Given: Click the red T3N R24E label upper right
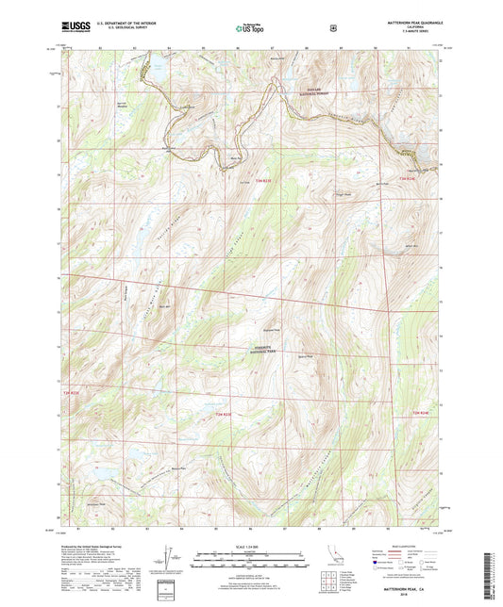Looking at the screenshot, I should pos(406,177).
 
